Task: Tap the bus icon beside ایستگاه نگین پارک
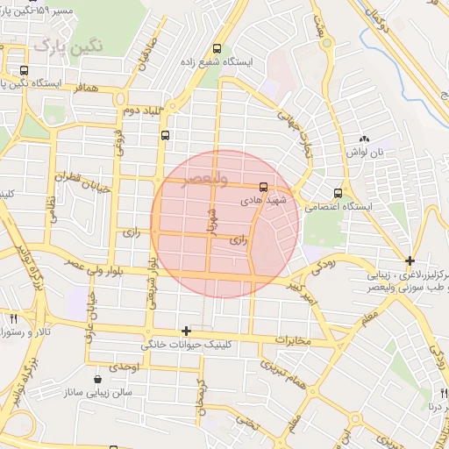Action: coord(23,70)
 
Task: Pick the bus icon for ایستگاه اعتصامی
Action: coord(338,193)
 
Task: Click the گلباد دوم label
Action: coord(143,111)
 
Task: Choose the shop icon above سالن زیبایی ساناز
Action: coord(96,379)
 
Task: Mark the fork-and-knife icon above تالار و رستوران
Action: coord(13,319)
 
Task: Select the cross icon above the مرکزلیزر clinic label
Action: coord(410,260)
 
